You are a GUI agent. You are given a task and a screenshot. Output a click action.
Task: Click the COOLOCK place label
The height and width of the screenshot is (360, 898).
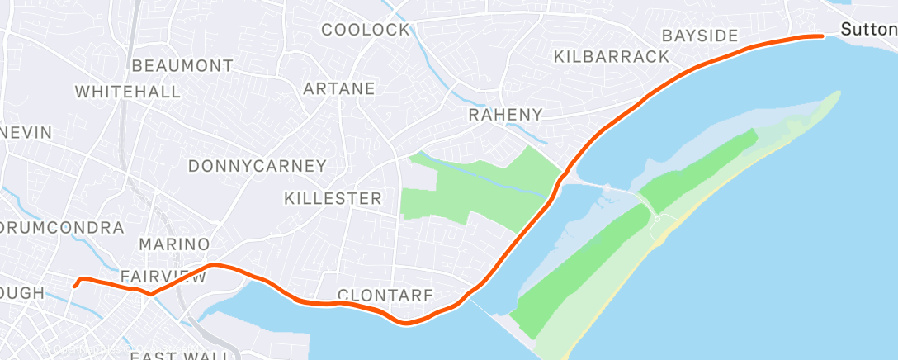coord(365,30)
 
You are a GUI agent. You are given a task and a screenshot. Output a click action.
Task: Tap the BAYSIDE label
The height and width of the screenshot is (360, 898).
coord(700,36)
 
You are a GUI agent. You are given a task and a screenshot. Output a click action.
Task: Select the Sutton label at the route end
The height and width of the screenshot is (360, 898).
coord(868,30)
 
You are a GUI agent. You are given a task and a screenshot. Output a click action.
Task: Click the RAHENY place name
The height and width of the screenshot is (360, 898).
coord(506,115)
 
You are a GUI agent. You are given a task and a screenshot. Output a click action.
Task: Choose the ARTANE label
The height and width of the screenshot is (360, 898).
coord(339,88)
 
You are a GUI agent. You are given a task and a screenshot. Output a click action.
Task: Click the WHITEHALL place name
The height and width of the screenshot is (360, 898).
coord(128,91)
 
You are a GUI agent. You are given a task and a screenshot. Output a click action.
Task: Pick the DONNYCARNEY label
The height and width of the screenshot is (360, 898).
coord(258,166)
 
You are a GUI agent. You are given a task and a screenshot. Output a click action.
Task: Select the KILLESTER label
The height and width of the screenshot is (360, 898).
coord(333,198)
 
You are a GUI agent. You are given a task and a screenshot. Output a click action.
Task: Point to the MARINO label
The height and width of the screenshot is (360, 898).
coord(174,244)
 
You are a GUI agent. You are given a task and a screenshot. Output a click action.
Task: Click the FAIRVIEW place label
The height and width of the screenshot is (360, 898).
coord(163,277)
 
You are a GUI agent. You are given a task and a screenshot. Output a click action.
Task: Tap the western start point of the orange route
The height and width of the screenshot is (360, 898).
coord(75,287)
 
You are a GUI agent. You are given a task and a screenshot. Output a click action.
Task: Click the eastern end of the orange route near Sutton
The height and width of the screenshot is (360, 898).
coord(822,36)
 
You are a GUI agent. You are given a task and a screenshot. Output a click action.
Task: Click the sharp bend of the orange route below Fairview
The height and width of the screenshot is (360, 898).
coord(150,295)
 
